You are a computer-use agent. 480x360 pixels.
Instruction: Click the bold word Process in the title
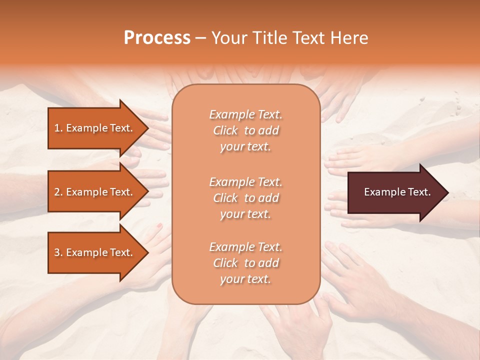pos(157,38)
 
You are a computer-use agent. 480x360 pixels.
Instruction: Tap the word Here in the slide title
pos(350,38)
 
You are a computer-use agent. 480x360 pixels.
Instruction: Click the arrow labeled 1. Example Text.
pos(94,128)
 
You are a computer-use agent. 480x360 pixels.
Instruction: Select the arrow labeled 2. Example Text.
pos(94,192)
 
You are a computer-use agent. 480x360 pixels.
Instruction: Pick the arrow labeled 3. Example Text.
pos(94,252)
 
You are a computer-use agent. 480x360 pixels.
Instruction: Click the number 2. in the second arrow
pos(58,192)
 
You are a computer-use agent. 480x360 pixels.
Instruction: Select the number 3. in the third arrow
pos(58,252)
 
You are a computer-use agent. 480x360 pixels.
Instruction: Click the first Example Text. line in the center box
pos(245,114)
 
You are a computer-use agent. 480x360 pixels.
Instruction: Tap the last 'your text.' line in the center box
pos(245,279)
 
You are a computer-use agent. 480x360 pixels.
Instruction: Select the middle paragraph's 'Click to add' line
pos(245,198)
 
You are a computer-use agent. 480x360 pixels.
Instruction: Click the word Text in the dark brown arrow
pos(419,192)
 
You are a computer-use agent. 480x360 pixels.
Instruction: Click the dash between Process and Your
pos(200,38)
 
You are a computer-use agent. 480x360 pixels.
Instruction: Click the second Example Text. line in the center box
pos(245,181)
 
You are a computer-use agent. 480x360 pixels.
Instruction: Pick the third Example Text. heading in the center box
pos(245,247)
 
